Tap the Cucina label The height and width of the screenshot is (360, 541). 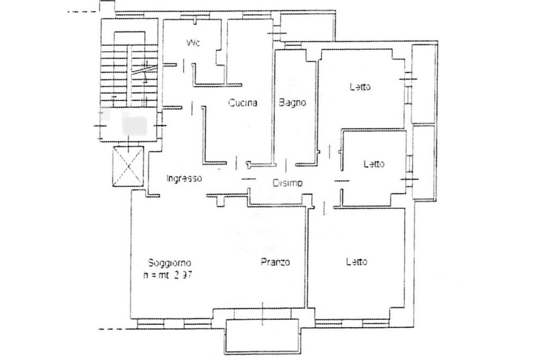coord(242,103)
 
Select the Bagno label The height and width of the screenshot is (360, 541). coord(292,103)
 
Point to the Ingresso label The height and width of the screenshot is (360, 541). coord(184,178)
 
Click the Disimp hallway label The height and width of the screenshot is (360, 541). coord(287,183)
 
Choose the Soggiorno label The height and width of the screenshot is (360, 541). coord(170,263)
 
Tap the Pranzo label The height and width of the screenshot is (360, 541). coord(275,262)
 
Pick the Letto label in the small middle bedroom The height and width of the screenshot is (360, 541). coord(374,164)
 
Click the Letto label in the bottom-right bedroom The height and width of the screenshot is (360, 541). coord(357,261)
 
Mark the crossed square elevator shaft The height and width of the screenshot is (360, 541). coord(128,167)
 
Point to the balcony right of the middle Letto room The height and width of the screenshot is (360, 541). coord(424,162)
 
